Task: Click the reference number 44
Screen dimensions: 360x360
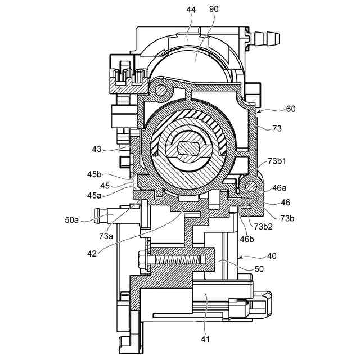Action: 191,10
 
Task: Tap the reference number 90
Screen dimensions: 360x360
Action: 214,9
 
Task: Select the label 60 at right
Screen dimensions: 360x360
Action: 291,109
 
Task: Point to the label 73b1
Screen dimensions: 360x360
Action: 277,161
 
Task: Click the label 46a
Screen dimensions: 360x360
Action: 280,188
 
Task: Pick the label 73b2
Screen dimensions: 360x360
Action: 263,226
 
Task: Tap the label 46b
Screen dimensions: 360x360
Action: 247,239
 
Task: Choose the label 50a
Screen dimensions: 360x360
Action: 71,220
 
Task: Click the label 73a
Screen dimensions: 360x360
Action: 106,236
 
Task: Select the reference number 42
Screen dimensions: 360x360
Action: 92,254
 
